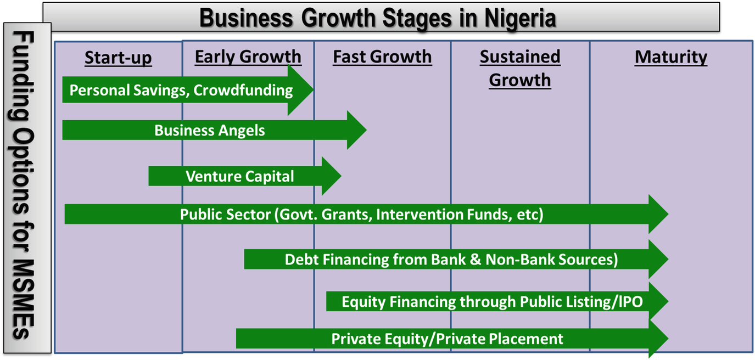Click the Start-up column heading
[x=118, y=58]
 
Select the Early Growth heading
[x=248, y=57]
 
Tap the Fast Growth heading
[x=382, y=57]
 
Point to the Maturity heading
[x=671, y=57]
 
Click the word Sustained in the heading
[x=520, y=57]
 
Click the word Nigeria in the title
[x=520, y=18]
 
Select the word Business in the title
[x=247, y=18]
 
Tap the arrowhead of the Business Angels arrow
[x=357, y=130]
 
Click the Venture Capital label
[x=239, y=177]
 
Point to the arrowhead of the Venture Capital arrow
[x=331, y=176]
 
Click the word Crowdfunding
[x=243, y=90]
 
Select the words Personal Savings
[x=129, y=91]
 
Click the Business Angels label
[x=210, y=131]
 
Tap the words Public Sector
[x=225, y=215]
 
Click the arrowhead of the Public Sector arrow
[x=658, y=214]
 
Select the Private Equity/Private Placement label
[x=448, y=339]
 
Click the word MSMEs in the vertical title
[x=24, y=299]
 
